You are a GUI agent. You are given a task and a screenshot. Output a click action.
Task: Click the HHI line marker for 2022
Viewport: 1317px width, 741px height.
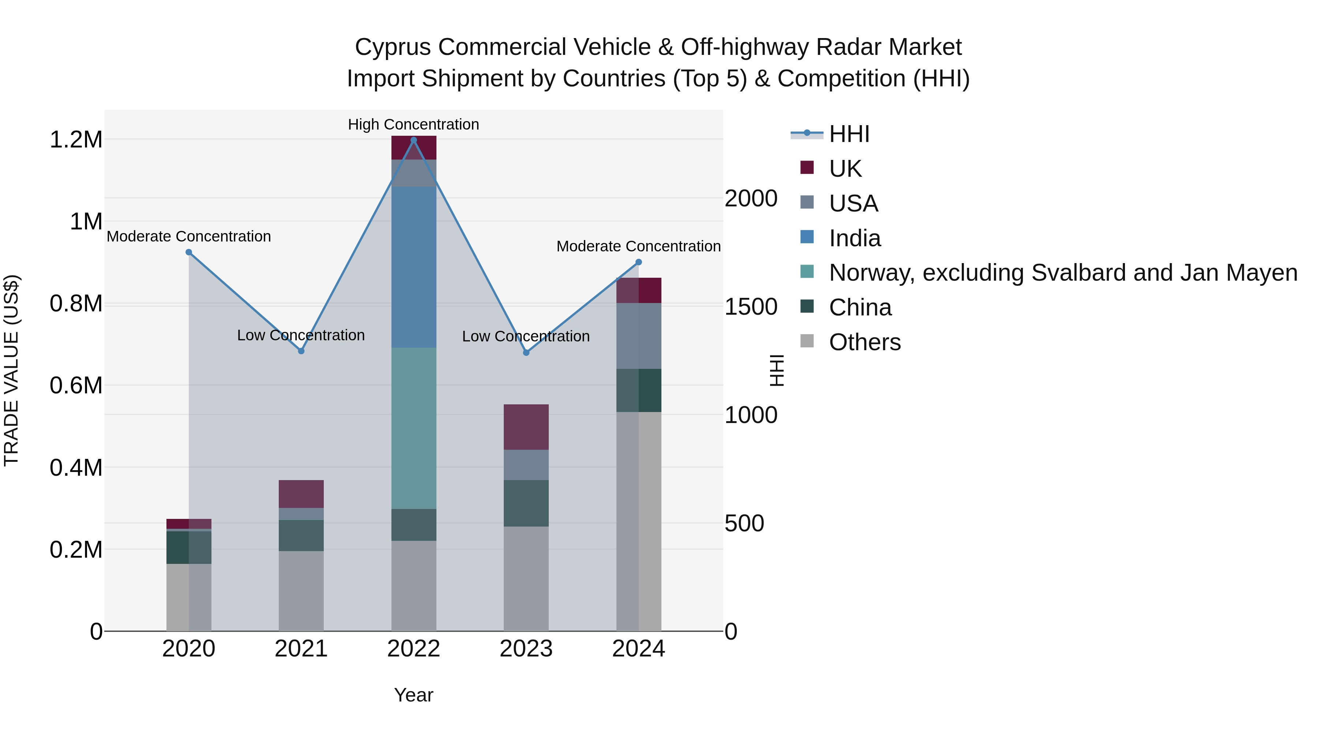tap(414, 140)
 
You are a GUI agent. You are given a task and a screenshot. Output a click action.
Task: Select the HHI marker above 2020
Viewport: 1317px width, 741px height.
tap(189, 252)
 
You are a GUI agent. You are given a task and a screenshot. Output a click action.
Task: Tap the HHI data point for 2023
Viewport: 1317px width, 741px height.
tap(526, 352)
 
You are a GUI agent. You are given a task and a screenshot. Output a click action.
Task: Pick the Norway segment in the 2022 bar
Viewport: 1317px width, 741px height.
tap(414, 428)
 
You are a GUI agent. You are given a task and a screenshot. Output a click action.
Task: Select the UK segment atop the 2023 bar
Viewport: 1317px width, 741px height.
tap(526, 427)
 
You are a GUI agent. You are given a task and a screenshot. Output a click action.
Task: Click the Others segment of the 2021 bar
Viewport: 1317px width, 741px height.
tap(301, 591)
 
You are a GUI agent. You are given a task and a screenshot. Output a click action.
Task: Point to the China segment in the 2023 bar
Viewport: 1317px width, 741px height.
tap(526, 503)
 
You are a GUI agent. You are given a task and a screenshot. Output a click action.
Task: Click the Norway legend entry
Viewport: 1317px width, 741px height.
tap(1062, 273)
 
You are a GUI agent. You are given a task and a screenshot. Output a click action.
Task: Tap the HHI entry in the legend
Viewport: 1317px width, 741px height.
tap(849, 134)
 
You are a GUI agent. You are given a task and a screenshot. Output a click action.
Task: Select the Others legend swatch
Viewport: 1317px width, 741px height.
tap(807, 341)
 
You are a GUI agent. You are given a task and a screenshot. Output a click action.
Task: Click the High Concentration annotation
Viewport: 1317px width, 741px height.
tap(414, 124)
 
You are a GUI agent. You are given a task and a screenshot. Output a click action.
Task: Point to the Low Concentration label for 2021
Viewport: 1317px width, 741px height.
tap(301, 336)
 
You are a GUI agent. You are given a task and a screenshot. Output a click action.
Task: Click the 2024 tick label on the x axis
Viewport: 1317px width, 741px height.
tap(638, 649)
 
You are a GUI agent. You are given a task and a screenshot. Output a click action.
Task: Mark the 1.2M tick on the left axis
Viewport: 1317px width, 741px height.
tap(76, 140)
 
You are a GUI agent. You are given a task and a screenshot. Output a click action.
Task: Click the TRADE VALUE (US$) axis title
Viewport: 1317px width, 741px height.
tap(12, 370)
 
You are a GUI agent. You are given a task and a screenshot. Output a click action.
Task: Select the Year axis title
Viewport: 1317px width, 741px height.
tap(414, 695)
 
